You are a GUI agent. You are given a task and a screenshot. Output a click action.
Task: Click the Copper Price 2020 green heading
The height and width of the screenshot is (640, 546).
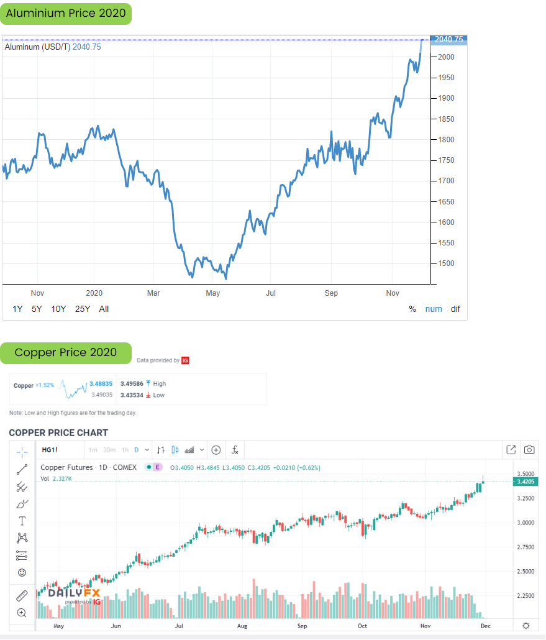[x=66, y=352]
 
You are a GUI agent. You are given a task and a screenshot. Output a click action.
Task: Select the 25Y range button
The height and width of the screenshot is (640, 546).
[x=83, y=309]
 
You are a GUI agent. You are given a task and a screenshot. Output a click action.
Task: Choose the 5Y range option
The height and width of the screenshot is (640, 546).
[x=37, y=309]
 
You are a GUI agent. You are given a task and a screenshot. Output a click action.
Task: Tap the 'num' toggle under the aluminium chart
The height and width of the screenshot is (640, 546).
[x=434, y=309]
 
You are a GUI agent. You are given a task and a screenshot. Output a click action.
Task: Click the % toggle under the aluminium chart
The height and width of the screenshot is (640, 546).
[x=412, y=309]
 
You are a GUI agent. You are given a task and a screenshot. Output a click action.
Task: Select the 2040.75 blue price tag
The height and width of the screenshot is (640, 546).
[x=449, y=40]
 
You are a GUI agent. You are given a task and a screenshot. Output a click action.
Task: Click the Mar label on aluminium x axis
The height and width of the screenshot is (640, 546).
[x=153, y=293]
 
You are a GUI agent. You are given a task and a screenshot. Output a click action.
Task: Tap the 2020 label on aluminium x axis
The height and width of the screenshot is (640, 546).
[x=94, y=293]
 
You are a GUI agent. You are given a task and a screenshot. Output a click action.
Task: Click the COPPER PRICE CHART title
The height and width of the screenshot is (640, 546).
[x=58, y=432]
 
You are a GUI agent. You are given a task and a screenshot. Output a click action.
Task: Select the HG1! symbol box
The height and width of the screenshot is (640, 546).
[x=49, y=450]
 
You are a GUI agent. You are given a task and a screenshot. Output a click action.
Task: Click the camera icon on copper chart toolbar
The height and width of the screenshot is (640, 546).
[x=529, y=450]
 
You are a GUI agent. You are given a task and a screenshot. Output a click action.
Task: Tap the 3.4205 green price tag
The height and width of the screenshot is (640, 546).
[x=526, y=482]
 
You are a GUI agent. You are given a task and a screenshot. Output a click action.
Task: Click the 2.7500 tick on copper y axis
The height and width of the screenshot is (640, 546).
[x=526, y=547]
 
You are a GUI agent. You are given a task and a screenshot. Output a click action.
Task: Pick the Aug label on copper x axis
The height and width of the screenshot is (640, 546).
[x=242, y=626]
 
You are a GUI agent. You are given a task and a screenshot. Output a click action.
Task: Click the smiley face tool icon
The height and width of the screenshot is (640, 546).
[x=22, y=572]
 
